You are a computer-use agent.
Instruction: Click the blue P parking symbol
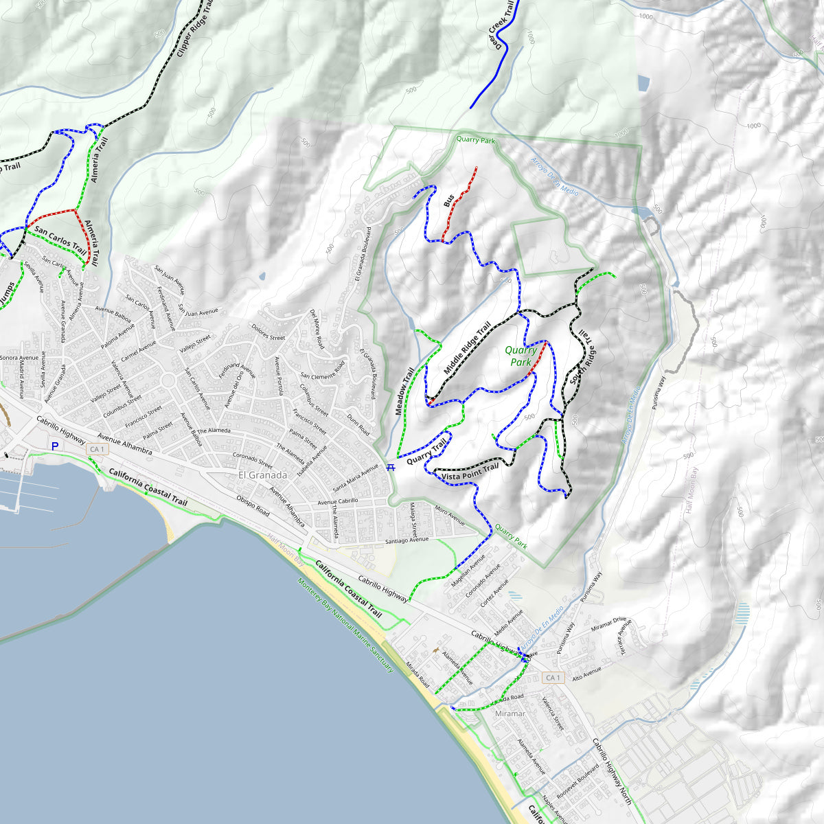click(55, 446)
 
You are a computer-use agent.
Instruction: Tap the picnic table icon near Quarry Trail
click(391, 468)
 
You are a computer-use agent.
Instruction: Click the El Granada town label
click(262, 474)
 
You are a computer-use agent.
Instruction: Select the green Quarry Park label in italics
click(521, 356)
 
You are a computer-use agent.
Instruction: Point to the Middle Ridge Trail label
click(467, 348)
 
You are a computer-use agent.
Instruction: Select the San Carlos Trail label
click(60, 241)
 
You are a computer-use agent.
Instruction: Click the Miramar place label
click(510, 713)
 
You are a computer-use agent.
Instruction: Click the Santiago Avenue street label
click(407, 541)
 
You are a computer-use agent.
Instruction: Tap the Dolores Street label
click(268, 333)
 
